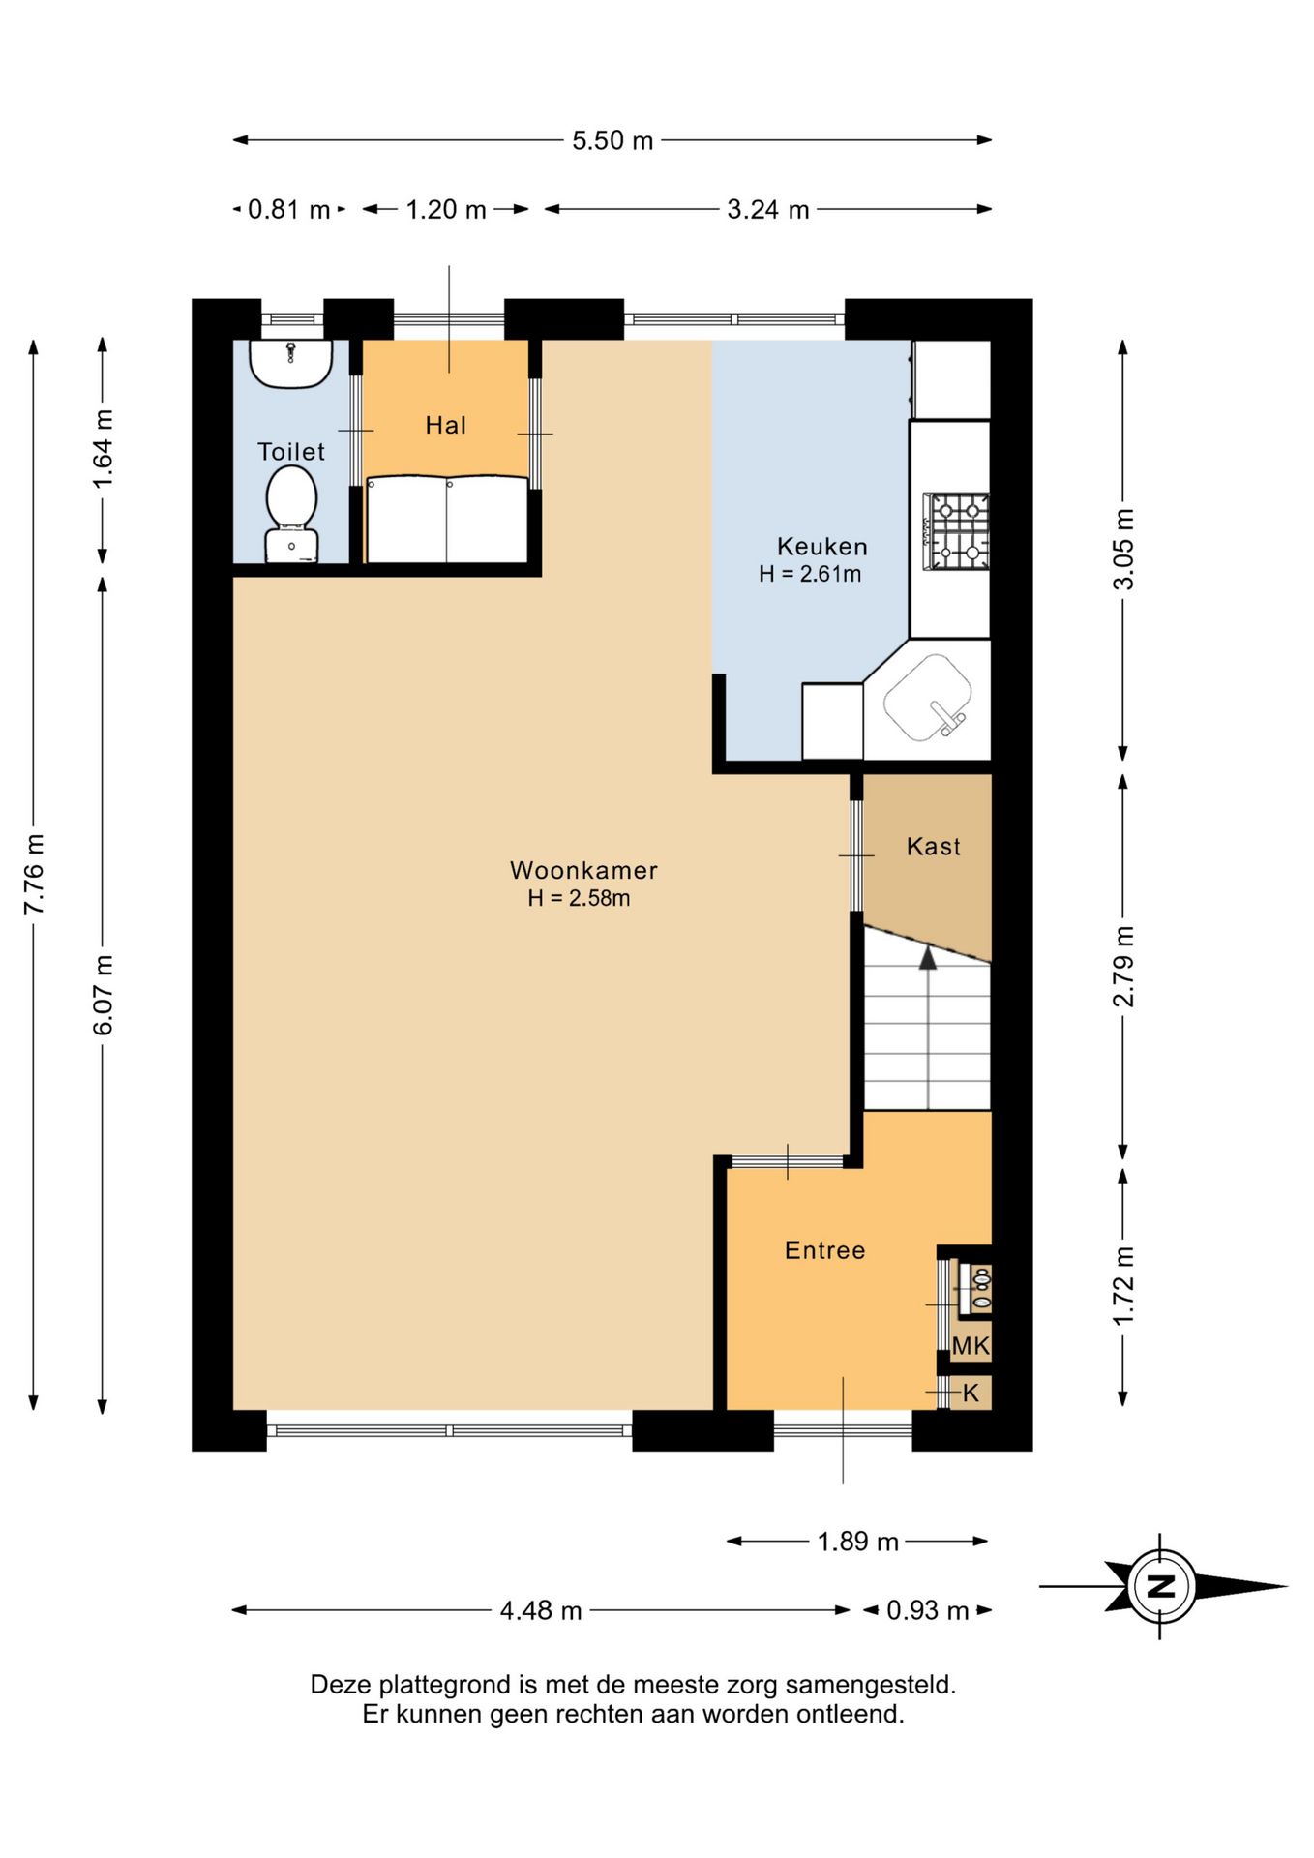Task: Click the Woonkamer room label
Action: pos(583,870)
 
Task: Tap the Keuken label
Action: pos(821,546)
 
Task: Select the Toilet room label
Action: pos(290,451)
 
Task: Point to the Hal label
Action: pos(445,424)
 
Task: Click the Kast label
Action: pos(933,846)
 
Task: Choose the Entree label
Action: pos(824,1250)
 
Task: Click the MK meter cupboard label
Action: pos(971,1345)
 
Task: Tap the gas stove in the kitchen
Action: pos(956,531)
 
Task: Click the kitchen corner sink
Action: pos(928,697)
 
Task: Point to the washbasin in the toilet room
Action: pos(290,364)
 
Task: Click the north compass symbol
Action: pos(1161,1586)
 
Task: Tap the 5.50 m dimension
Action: pos(612,140)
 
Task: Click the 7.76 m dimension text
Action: pos(34,874)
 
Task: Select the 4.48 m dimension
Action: pos(541,1610)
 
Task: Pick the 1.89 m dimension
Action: pos(858,1541)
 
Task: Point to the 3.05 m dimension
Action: pos(1123,550)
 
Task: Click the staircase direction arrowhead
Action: pos(928,958)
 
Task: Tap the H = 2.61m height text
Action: pos(810,574)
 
